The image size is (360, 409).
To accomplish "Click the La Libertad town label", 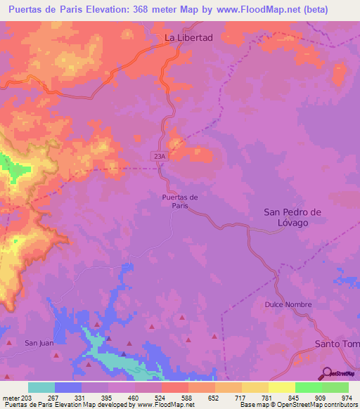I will click(188, 37).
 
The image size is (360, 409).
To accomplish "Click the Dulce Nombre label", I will click(283, 304).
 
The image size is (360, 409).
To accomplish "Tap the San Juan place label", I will click(39, 343).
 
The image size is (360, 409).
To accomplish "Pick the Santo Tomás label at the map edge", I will click(336, 343).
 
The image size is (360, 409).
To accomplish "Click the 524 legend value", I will click(161, 398).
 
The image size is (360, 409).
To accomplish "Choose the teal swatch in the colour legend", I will click(41, 387).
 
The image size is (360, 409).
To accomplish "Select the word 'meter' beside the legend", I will click(10, 398).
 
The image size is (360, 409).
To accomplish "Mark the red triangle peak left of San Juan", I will click(9, 344).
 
